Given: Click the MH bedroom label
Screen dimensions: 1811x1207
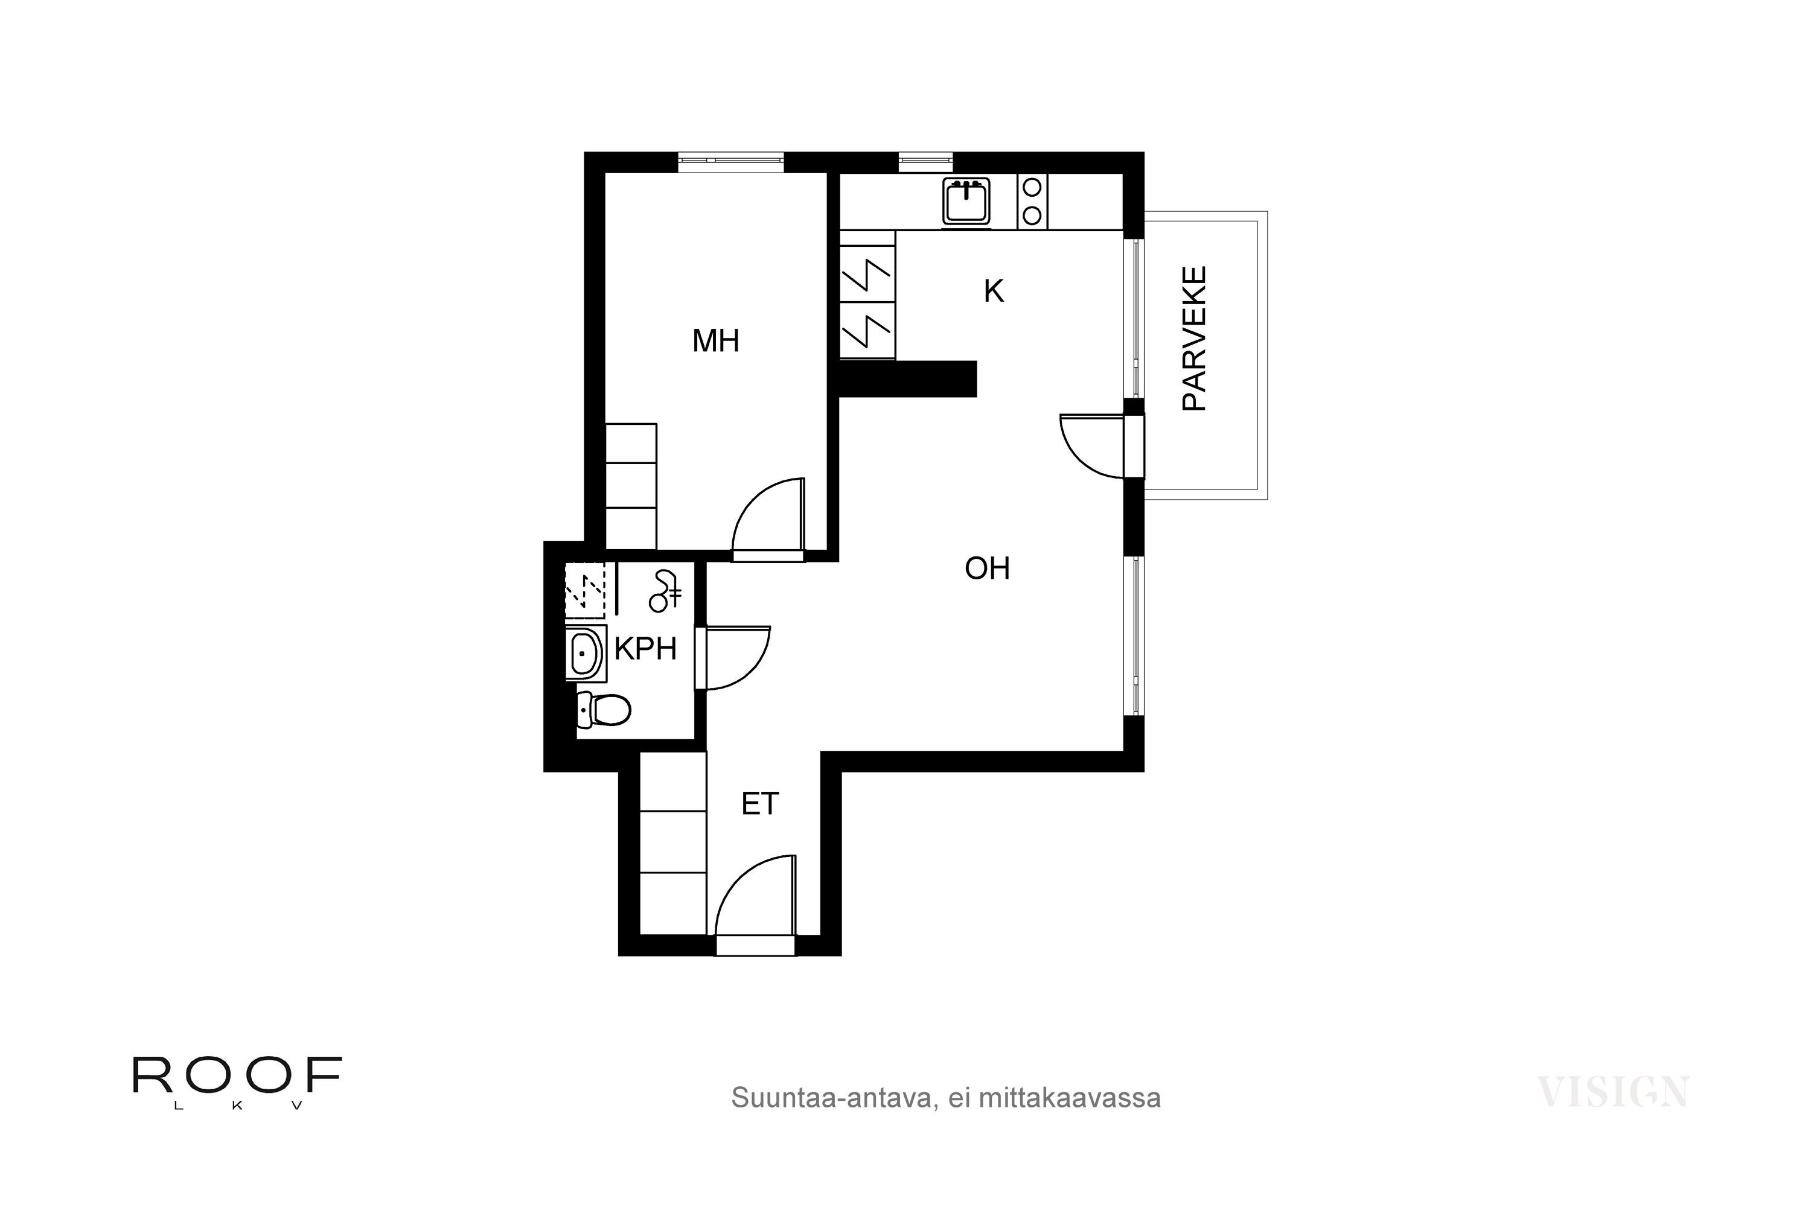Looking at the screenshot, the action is tap(715, 340).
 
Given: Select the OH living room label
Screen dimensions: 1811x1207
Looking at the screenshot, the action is tap(987, 568).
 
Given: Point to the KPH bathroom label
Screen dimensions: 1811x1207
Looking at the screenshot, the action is tap(645, 649).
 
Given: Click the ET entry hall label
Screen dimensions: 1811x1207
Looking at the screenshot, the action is tap(760, 804).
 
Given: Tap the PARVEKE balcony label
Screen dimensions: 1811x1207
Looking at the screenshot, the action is tap(1193, 338).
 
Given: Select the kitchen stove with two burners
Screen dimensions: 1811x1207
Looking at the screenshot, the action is tap(1032, 201).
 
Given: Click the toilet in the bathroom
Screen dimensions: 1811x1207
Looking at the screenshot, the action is tap(604, 709).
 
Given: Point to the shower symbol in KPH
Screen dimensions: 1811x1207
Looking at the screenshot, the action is tap(665, 591).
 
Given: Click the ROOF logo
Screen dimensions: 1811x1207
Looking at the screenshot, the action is tap(237, 1081).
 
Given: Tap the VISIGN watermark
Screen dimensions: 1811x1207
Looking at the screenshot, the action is tap(1613, 1092).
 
